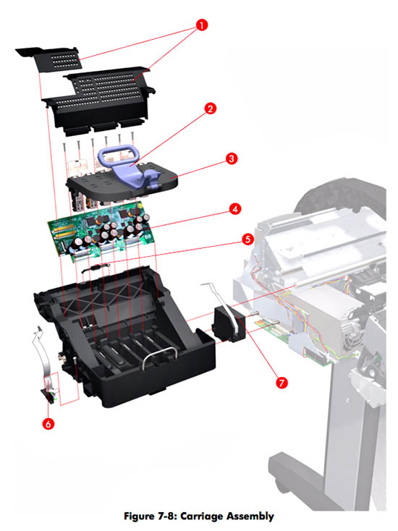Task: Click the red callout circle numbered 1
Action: (x=202, y=25)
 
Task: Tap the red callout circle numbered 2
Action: (x=211, y=109)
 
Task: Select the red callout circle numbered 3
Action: (x=232, y=158)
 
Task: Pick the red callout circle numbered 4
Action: (x=235, y=209)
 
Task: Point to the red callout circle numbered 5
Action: (x=247, y=239)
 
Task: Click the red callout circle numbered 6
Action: (x=48, y=423)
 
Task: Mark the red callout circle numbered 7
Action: (x=281, y=383)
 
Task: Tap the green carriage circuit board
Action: (x=101, y=231)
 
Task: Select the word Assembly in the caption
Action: (x=250, y=516)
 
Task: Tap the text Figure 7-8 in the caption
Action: (x=151, y=516)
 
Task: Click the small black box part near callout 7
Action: (x=228, y=324)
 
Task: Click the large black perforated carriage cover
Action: (x=98, y=100)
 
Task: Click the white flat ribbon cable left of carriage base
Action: (x=45, y=359)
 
